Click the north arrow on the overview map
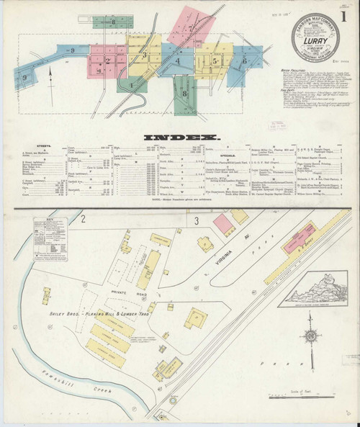click(x=50, y=75)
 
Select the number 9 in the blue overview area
click(x=73, y=49)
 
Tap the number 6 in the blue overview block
click(x=246, y=62)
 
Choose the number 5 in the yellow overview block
click(x=214, y=62)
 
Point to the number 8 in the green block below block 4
click(x=186, y=92)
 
